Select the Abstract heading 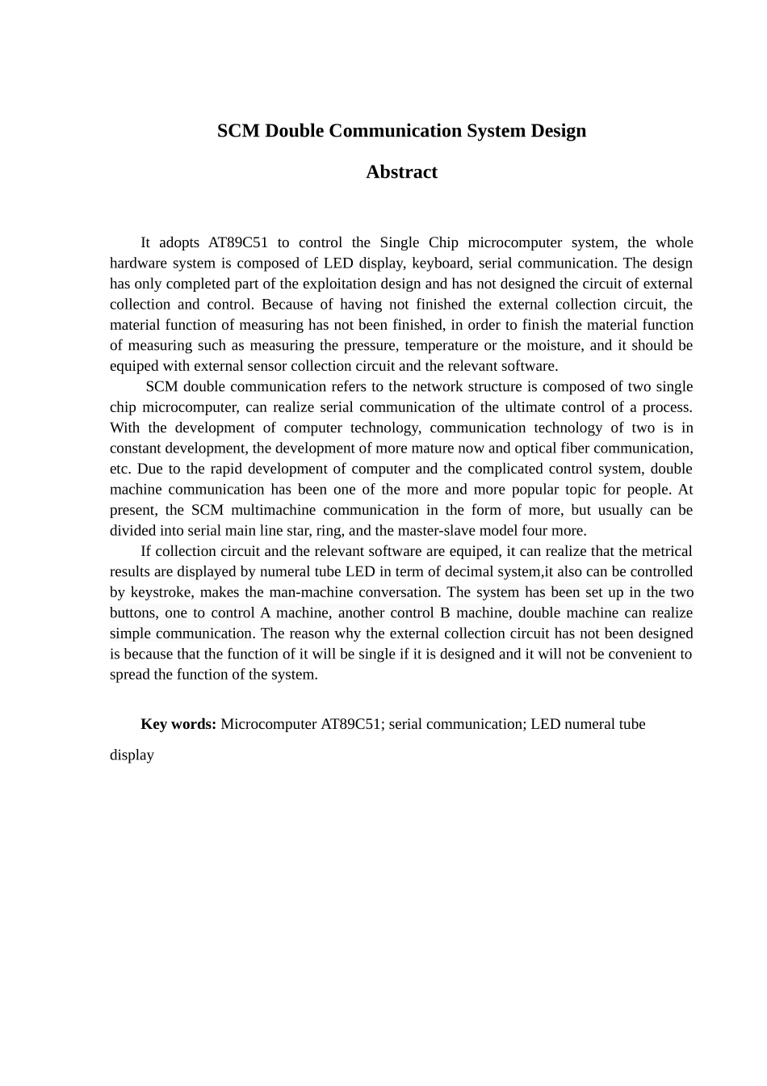(x=401, y=172)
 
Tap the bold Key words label (x=178, y=724)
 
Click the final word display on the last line (x=132, y=756)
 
